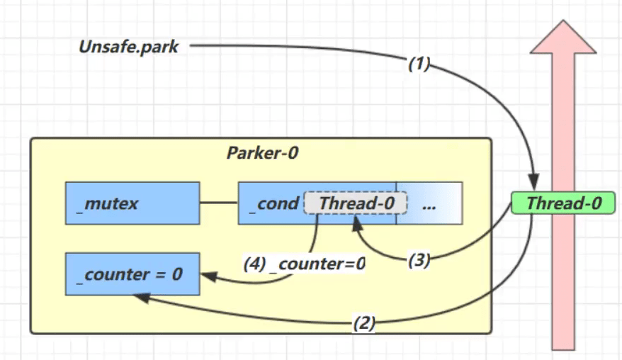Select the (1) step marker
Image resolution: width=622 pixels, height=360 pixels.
(419, 63)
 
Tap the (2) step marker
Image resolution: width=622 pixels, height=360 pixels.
(363, 325)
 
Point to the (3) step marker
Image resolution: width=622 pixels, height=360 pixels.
(419, 260)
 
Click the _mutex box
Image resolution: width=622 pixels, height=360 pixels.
(131, 203)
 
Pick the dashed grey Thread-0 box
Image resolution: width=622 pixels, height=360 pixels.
(356, 203)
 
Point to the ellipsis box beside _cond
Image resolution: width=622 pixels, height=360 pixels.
(429, 203)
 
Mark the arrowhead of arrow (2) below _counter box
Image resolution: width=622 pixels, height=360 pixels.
(139, 298)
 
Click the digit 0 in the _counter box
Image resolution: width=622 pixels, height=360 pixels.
(177, 273)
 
